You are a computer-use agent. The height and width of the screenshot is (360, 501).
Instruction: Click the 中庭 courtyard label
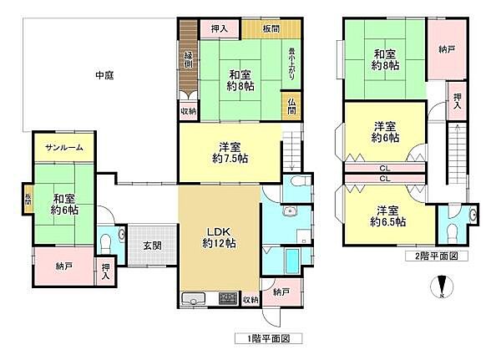(x=104, y=75)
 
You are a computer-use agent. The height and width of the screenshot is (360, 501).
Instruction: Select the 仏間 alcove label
(x=291, y=107)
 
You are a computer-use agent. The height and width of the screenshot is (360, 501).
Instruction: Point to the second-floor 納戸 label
(x=447, y=48)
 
